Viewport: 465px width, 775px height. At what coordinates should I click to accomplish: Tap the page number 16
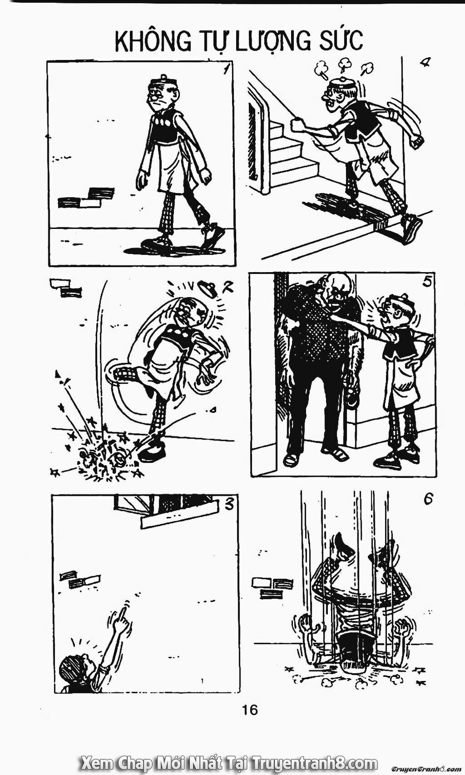click(x=249, y=709)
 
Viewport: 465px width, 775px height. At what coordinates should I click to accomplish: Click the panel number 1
click(x=226, y=70)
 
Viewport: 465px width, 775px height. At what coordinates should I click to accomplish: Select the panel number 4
click(x=423, y=63)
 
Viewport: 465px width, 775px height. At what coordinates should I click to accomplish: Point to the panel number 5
click(x=428, y=282)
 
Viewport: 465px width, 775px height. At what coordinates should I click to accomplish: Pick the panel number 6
click(x=428, y=499)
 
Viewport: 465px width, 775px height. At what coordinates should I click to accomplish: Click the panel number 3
click(x=228, y=503)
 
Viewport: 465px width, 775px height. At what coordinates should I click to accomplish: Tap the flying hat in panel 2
click(x=207, y=288)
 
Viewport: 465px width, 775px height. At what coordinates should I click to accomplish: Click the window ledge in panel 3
click(x=179, y=521)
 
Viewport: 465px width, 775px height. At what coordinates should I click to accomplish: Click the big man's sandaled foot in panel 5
click(x=291, y=459)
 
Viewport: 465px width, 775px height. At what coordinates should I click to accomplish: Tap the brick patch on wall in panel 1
click(x=86, y=198)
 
